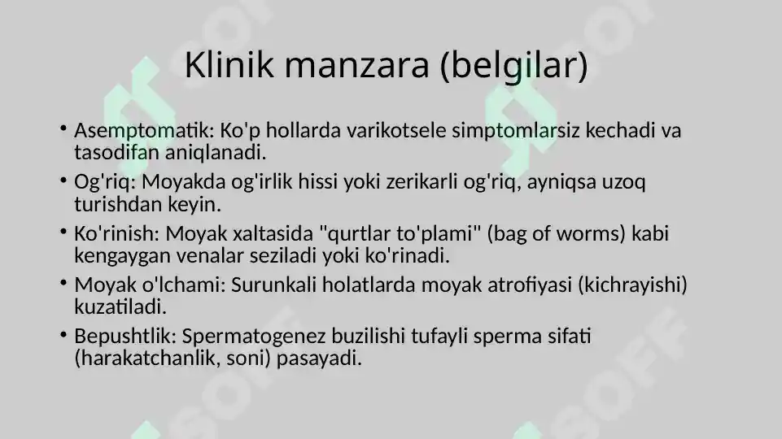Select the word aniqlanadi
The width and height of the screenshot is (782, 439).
(221, 152)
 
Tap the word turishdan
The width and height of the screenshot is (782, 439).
(115, 204)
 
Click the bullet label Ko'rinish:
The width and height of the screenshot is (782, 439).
(117, 234)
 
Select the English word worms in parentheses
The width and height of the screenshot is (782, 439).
(592, 234)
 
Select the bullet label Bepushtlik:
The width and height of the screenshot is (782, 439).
(125, 337)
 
